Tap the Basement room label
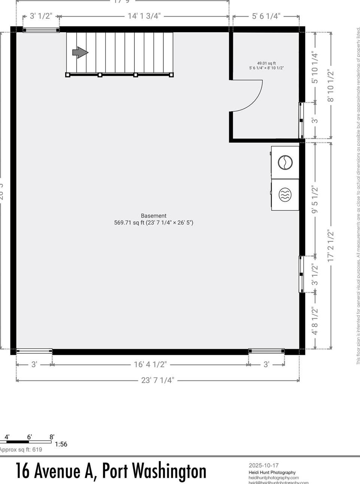(153, 216)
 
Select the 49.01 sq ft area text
(266, 63)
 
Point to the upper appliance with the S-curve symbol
(285, 162)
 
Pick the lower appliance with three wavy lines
(285, 195)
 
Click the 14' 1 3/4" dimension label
(144, 16)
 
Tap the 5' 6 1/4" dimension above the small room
(266, 16)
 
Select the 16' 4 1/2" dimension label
(150, 364)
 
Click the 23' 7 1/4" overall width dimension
(158, 380)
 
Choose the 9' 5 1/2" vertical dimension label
(315, 200)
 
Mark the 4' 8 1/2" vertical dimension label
(315, 321)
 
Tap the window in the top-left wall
(41, 30)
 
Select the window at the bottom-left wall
(34, 351)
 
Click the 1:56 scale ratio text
(61, 444)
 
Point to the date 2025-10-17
(264, 465)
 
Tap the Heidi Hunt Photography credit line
(272, 472)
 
